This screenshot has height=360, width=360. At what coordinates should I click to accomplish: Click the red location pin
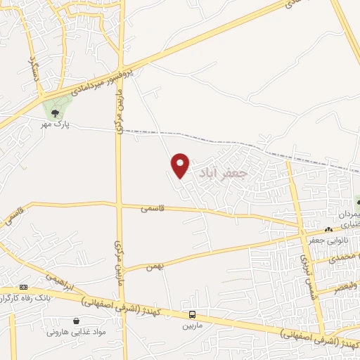coord(181,165)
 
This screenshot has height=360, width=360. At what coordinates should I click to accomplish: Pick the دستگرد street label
coord(33,71)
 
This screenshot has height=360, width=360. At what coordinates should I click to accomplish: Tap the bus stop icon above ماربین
coord(193,314)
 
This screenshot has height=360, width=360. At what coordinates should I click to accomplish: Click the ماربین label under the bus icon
coord(193,326)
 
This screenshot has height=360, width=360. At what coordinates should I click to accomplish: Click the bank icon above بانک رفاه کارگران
coord(24,287)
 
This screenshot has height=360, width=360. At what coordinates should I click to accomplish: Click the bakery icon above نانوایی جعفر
coord(328,230)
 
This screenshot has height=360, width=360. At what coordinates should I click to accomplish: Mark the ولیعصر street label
coord(347,286)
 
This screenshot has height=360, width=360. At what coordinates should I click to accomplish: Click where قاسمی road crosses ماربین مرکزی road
coord(121,205)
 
